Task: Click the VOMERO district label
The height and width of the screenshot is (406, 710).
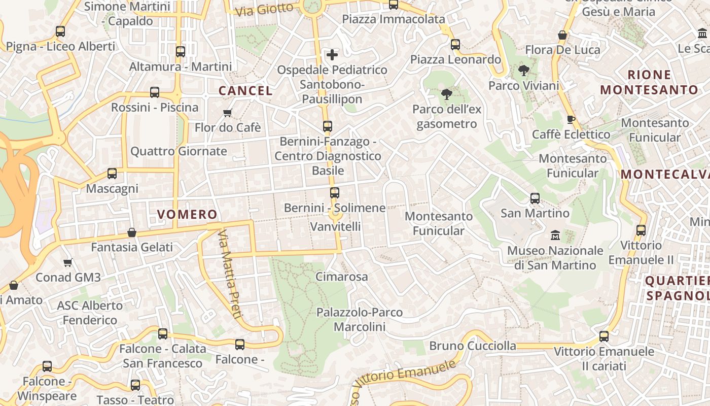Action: [187, 214]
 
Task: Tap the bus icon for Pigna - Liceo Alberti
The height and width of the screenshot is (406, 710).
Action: [60, 31]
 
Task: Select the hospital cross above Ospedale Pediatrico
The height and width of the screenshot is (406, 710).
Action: [332, 55]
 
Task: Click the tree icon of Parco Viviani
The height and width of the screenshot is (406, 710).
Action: [524, 71]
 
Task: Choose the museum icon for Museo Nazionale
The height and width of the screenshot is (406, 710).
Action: [555, 235]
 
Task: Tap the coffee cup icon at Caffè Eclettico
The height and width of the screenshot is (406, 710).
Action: [571, 120]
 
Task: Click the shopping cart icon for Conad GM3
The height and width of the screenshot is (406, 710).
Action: [68, 262]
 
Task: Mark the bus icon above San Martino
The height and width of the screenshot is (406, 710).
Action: [535, 198]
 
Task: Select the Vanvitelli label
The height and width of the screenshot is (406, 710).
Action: [335, 226]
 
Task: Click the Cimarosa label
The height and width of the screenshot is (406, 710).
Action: [342, 277]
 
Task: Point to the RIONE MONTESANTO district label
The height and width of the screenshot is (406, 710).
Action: [649, 83]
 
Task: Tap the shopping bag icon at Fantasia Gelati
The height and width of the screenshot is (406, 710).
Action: [132, 232]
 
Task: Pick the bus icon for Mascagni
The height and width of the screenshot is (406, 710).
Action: [112, 174]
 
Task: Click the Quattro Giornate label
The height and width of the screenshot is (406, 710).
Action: [179, 151]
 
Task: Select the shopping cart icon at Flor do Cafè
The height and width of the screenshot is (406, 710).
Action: [228, 113]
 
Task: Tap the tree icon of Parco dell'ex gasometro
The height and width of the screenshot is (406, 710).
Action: [447, 94]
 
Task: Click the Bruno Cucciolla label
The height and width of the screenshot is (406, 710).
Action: [473, 346]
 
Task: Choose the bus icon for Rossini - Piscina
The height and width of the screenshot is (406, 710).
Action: [155, 92]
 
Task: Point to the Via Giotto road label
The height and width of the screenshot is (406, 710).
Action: [265, 9]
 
